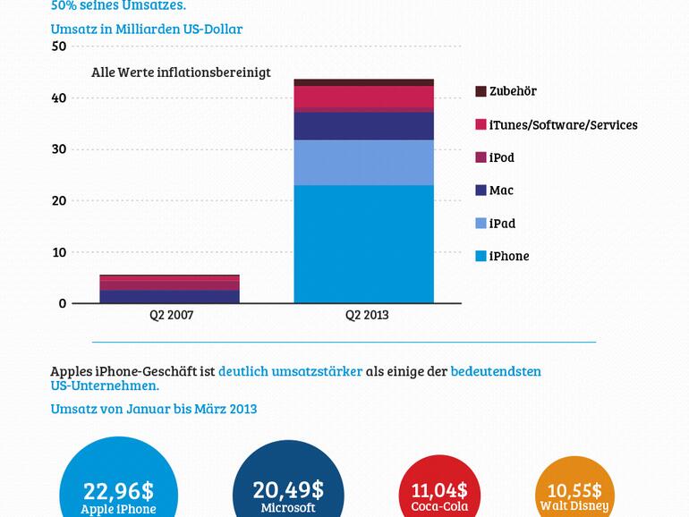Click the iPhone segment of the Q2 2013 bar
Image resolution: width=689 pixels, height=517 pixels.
363,243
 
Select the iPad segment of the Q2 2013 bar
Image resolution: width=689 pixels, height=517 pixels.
363,162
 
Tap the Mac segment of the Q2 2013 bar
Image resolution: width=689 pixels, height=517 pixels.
363,126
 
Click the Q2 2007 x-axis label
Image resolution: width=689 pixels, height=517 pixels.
170,315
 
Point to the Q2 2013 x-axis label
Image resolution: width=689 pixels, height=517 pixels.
367,315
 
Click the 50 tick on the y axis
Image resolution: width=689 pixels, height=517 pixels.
59,47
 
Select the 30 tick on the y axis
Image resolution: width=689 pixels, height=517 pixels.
59,149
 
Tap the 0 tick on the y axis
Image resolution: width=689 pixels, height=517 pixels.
63,303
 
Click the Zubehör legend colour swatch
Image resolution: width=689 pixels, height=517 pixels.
481,91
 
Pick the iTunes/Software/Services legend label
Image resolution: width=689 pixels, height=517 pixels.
563,124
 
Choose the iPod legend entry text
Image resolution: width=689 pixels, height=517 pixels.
501,157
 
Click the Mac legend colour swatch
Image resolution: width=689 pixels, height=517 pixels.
481,191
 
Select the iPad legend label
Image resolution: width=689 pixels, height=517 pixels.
502,224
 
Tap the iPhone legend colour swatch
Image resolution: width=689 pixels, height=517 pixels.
481,257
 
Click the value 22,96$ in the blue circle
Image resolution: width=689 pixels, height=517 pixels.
118,490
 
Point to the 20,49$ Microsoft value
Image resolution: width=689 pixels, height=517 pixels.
288,490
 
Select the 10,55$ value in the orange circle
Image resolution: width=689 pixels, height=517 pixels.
574,490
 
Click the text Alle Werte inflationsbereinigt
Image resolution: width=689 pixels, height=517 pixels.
181,72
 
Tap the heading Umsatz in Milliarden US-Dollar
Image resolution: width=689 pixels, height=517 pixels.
147,29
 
